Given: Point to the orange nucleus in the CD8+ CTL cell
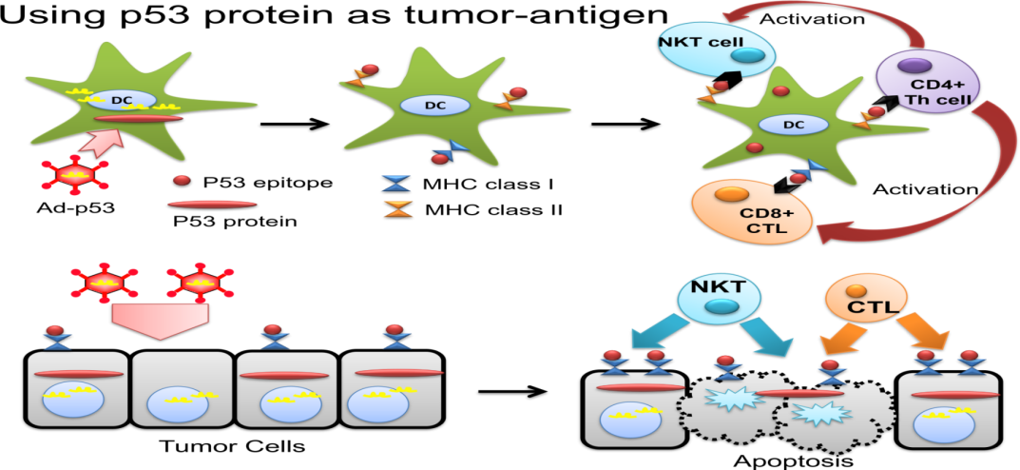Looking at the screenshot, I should click(728, 195).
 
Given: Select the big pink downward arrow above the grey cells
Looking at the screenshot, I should click(159, 320).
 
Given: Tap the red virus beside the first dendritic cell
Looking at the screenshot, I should click(76, 175).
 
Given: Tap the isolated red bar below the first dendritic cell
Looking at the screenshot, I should click(212, 204).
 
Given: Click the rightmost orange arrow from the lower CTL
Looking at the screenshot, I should click(930, 335).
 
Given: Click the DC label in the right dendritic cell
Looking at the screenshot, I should click(792, 124).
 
